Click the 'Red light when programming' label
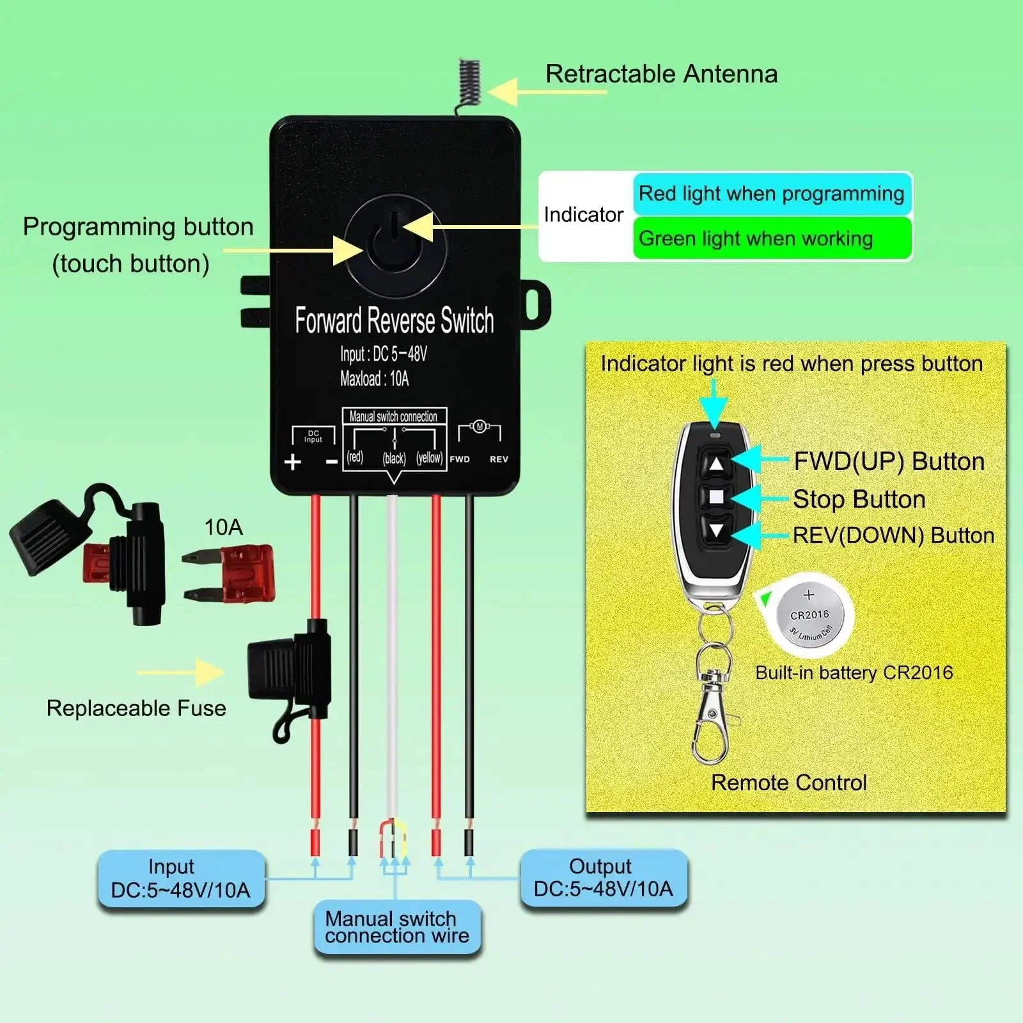point(772,193)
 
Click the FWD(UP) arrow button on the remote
point(716,464)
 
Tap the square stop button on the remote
point(716,497)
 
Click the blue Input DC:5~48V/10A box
point(181,879)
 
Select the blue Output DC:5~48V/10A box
point(604,878)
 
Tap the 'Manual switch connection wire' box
point(397,927)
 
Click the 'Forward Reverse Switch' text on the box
point(394,320)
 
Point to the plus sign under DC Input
point(293,461)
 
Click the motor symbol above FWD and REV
point(479,427)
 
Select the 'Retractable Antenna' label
point(662,74)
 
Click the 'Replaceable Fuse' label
point(136,708)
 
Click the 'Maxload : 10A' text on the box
point(375,379)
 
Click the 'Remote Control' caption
point(789,783)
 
